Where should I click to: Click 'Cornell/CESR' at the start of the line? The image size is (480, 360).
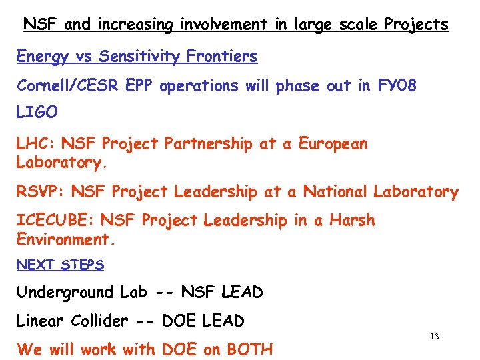pyautogui.click(x=64, y=86)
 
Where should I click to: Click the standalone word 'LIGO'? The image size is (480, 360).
pyautogui.click(x=37, y=113)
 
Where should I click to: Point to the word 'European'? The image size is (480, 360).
pyautogui.click(x=333, y=143)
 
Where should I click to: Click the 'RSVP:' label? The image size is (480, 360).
pyautogui.click(x=41, y=192)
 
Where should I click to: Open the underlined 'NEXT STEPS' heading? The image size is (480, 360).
pyautogui.click(x=60, y=265)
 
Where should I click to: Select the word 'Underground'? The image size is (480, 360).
pyautogui.click(x=65, y=293)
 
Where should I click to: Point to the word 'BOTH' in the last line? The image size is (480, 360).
pyautogui.click(x=250, y=349)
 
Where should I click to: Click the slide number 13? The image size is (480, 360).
pyautogui.click(x=434, y=337)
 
